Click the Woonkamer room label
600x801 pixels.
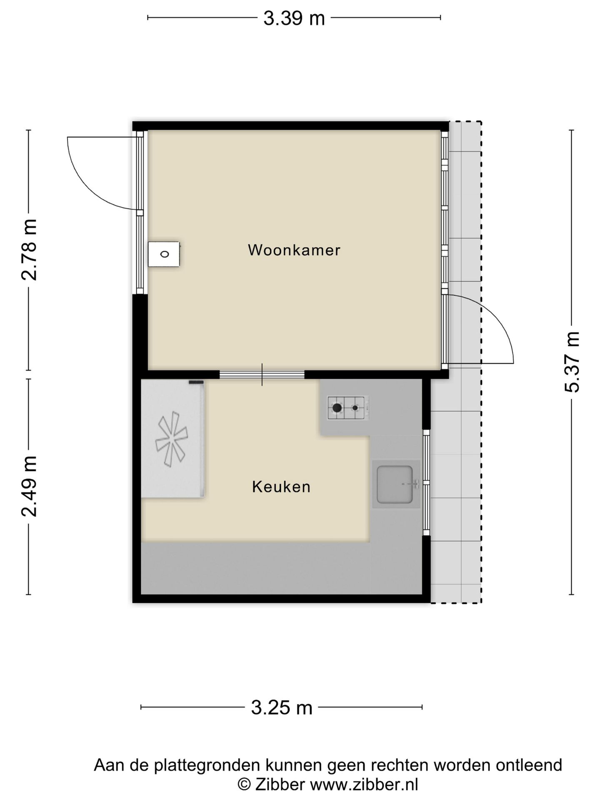click(x=294, y=250)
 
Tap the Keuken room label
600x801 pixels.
click(x=281, y=487)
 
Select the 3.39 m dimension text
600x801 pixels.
click(x=294, y=18)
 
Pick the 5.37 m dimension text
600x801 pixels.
click(x=572, y=362)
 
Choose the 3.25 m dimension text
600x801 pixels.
click(x=281, y=708)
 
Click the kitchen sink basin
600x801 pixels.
click(x=394, y=484)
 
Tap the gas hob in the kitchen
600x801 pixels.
click(x=348, y=408)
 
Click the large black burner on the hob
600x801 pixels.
click(x=337, y=408)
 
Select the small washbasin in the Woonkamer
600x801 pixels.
click(x=164, y=254)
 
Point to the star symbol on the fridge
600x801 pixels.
click(x=171, y=439)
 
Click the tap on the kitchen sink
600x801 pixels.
click(x=412, y=484)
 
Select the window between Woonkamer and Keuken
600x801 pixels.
click(x=262, y=374)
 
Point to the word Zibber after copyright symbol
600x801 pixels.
click(x=280, y=784)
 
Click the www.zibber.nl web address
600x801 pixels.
click(x=364, y=784)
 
